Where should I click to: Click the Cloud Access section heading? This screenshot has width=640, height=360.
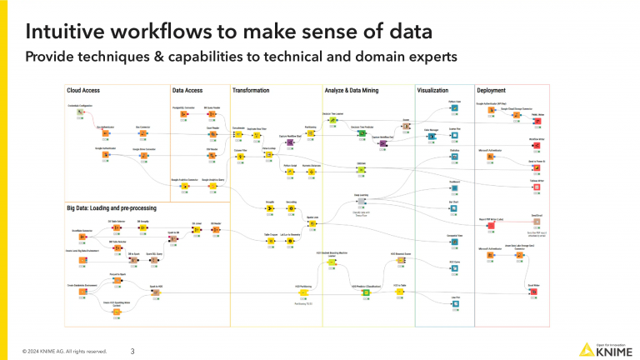point(83,89)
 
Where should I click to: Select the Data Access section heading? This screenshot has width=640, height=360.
point(187,89)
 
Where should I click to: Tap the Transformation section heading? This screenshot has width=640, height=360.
point(251,89)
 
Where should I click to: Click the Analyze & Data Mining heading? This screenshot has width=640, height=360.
point(355,89)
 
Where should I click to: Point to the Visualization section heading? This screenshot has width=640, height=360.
point(432,89)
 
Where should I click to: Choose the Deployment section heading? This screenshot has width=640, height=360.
point(492,89)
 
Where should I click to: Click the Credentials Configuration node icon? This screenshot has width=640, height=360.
point(80,112)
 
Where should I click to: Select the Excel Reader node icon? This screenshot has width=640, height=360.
point(212,133)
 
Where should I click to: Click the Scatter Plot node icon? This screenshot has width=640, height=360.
point(454,134)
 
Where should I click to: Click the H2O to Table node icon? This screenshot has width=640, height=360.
point(399,292)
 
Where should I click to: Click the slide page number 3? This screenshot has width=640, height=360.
point(133,352)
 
